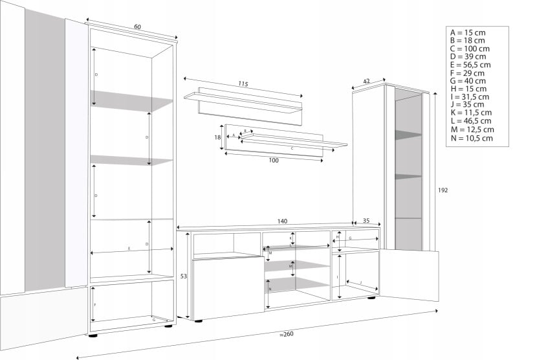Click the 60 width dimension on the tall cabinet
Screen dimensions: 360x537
click(x=138, y=27)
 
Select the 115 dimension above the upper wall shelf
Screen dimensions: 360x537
click(x=243, y=84)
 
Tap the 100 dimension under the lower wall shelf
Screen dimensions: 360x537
click(x=273, y=160)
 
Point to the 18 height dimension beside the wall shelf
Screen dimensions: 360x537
click(x=218, y=137)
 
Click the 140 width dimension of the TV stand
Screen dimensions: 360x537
click(x=282, y=221)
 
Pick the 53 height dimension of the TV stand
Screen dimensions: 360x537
click(x=183, y=276)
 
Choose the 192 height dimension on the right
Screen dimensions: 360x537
click(x=443, y=190)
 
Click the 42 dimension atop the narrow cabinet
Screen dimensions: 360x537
click(x=366, y=81)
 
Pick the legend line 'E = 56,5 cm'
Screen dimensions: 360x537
click(x=470, y=65)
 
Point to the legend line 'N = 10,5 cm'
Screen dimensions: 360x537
click(x=472, y=138)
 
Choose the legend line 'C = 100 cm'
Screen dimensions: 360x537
click(x=470, y=49)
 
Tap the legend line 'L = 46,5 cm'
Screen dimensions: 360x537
click(x=470, y=121)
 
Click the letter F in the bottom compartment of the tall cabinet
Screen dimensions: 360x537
click(x=96, y=304)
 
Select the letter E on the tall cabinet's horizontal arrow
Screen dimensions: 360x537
click(x=129, y=249)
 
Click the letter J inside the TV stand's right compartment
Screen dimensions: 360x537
click(x=361, y=283)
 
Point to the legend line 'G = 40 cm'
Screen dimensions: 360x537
click(x=468, y=81)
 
